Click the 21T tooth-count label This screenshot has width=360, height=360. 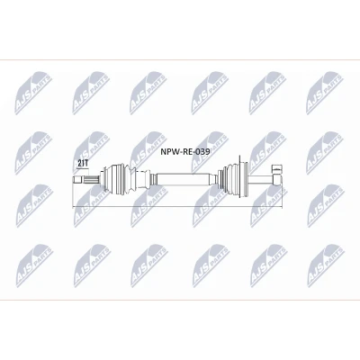(83, 164)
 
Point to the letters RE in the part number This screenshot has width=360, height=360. (185, 152)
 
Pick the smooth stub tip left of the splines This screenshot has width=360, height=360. (77, 180)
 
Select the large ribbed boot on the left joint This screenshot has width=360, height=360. (119, 179)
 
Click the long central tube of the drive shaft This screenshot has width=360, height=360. (183, 179)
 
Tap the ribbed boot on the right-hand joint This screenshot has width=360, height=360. (233, 179)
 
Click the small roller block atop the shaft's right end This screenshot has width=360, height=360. (277, 168)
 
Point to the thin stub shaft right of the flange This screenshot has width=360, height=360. (260, 180)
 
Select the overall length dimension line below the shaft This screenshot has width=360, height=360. (177, 207)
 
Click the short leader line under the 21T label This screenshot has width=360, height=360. (83, 168)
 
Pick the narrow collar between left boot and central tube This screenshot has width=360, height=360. (153, 179)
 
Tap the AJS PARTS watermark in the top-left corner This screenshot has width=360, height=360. (33, 93)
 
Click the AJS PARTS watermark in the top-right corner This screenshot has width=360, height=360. (324, 93)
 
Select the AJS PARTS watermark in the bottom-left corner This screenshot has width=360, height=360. (34, 265)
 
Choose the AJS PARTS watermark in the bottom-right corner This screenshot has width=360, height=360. (326, 265)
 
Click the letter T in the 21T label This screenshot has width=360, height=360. (85, 164)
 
